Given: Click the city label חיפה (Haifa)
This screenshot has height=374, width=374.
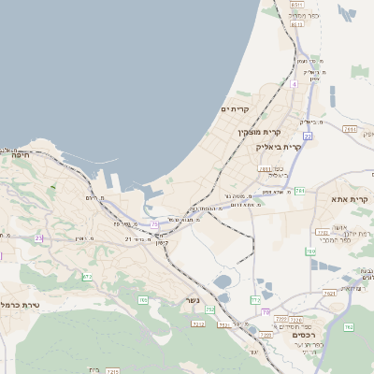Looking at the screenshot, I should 15,156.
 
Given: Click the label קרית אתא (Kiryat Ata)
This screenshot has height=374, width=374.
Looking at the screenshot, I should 349,200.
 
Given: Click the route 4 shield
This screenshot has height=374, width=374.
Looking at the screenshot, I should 293,84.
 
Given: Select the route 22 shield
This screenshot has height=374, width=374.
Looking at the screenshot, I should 307,137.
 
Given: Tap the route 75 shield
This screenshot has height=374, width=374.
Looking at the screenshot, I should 153,224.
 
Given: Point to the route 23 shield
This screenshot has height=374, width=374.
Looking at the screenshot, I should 38,238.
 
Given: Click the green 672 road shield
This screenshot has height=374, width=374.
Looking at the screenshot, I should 87,277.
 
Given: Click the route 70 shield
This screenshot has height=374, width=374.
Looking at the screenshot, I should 265,311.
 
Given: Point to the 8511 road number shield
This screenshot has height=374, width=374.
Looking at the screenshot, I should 296,5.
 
